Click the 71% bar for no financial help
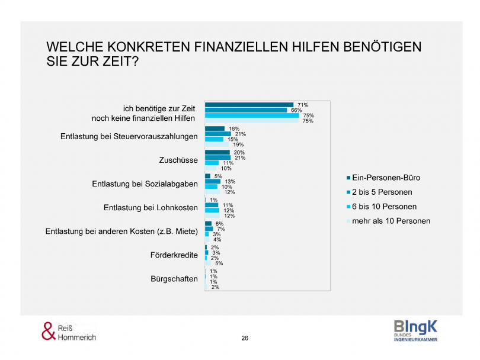click(249, 105)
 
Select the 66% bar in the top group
click(246, 110)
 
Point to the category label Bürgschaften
click(174, 279)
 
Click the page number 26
click(245, 338)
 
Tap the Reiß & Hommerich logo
click(68, 332)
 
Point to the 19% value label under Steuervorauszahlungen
click(238, 144)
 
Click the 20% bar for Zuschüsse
click(217, 152)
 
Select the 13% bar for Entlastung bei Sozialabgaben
click(213, 181)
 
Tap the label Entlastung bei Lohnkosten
click(151, 208)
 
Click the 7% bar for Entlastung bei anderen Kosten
click(209, 229)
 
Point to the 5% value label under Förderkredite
click(219, 263)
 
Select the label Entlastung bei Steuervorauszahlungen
click(129, 137)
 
